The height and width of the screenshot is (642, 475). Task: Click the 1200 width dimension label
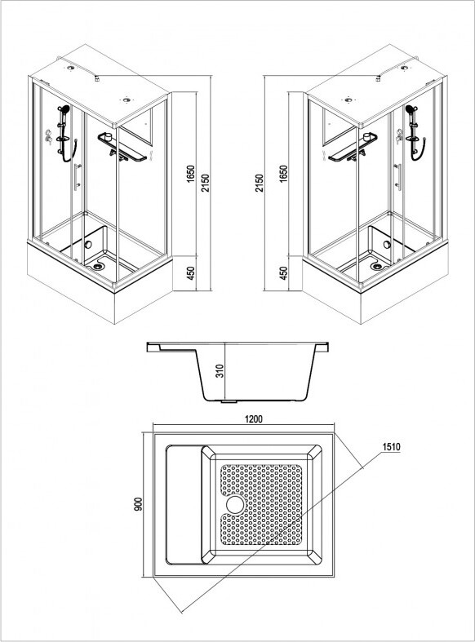pos(253,418)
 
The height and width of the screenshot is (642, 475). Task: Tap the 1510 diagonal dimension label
pos(391,447)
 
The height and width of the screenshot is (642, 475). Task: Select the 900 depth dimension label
pos(139,503)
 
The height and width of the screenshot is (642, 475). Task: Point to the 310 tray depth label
pos(220,371)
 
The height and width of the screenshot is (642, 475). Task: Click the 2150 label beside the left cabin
pos(205,183)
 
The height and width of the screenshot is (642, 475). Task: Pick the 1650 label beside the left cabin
pos(191,174)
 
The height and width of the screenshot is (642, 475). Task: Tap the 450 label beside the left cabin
pos(191,273)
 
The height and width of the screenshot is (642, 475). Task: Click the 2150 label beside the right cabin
pos(259,183)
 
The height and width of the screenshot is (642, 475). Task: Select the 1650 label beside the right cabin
pos(283,174)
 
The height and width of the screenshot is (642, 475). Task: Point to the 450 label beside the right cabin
pos(283,273)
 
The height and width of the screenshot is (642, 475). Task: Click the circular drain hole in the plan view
pos(234,504)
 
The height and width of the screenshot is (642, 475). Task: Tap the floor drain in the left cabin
pos(97,266)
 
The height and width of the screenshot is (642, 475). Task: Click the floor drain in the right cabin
pos(376,266)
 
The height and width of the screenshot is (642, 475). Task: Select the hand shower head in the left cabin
pos(64,109)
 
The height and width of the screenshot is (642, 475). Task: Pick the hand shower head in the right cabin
pos(411,109)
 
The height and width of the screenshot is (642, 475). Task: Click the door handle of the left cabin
pos(77,176)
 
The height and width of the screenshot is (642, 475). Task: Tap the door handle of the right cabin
pos(397,176)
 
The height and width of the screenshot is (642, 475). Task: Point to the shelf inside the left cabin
pos(122,148)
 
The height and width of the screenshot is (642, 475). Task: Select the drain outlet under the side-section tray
pos(229,401)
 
